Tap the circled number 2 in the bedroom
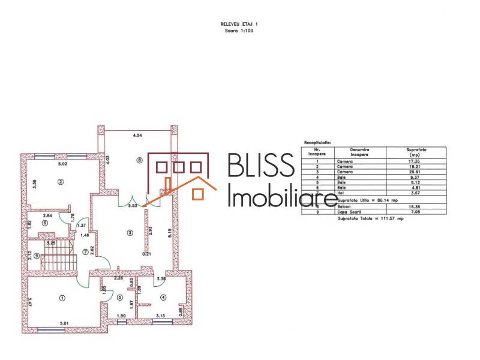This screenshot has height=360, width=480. (60, 181)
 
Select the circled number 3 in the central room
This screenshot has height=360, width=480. (129, 232)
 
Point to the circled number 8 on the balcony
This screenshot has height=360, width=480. (139, 160)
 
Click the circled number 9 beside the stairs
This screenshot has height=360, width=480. (37, 256)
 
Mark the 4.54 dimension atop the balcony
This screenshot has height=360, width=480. (137, 136)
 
